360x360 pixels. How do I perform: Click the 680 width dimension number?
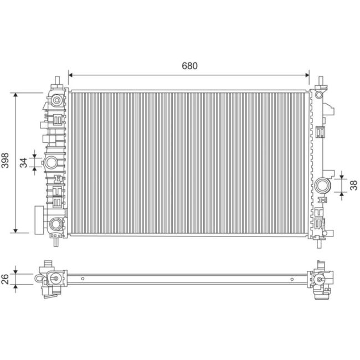(189, 65)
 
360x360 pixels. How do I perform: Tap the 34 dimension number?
(23, 162)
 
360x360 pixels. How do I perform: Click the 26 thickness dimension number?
(6, 279)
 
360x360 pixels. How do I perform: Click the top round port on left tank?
(56, 100)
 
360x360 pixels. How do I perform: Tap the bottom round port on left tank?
(56, 224)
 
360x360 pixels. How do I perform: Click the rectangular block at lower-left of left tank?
(38, 219)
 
